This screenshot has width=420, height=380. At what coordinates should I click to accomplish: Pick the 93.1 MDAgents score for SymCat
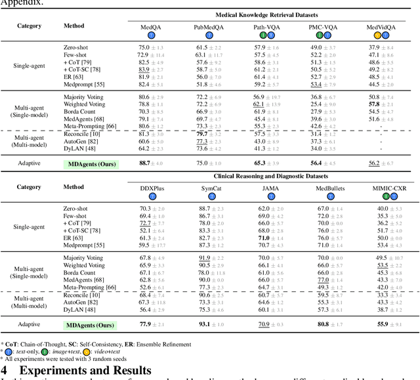[x=203, y=324]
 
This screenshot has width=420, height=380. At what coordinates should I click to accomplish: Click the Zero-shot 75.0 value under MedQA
[x=144, y=48]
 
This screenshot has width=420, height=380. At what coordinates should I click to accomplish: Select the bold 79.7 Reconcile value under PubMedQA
[x=203, y=134]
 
